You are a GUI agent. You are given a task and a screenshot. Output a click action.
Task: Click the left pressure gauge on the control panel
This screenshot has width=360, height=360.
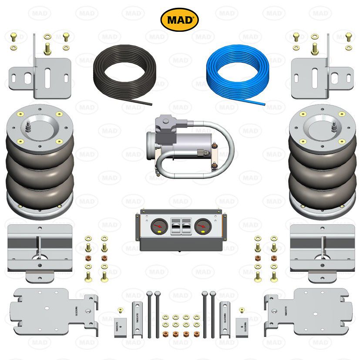point(159,227)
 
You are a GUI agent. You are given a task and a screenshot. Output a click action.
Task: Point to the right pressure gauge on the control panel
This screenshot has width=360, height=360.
point(201,227)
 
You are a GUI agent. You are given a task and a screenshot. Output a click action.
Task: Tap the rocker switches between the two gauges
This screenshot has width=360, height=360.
point(180,226)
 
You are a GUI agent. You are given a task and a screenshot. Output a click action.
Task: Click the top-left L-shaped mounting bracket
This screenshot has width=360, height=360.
point(39,74)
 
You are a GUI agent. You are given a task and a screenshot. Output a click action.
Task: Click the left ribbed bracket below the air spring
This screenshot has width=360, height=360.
point(39,250)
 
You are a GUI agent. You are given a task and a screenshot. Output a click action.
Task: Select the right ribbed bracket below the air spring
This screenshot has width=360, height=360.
point(322,250)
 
